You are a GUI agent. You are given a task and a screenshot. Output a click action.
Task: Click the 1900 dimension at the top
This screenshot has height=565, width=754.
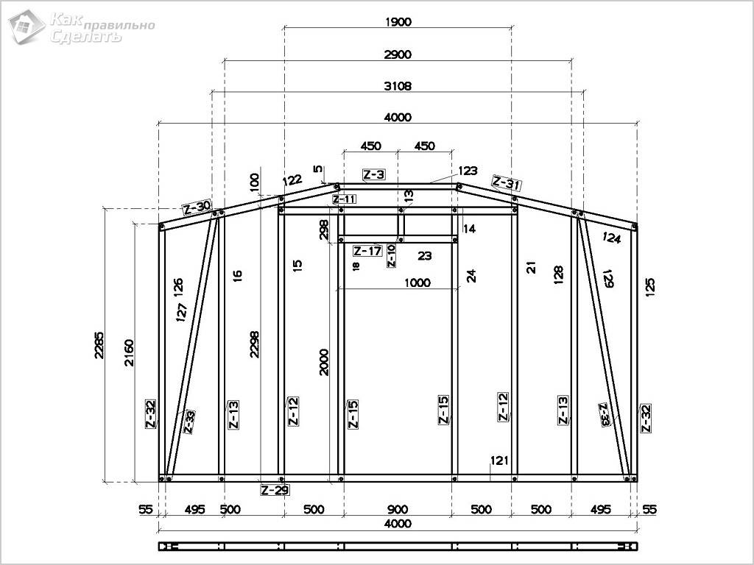pos(398,21)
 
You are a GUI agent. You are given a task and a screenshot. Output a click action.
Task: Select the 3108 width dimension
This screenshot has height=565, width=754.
pos(398,86)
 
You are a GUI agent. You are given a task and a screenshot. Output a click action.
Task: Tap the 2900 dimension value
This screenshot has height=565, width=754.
pos(398,54)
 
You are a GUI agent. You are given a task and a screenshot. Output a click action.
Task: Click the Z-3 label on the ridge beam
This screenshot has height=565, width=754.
pos(373,174)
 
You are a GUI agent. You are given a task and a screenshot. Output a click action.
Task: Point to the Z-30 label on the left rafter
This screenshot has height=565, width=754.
pos(197,207)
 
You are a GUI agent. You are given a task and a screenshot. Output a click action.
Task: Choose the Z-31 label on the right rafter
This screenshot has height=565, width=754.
pos(507,183)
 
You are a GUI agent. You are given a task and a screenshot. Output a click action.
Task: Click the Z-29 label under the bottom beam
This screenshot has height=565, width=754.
pos(275,490)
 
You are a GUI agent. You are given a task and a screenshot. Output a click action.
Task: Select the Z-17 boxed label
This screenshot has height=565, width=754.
pos(368,250)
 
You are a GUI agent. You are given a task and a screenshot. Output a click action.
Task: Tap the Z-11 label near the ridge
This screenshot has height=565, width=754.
pos(345,199)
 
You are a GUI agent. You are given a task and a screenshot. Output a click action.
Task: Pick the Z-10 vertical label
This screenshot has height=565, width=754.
pos(392,255)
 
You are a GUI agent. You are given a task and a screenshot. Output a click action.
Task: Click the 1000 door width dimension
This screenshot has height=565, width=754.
pos(417,282)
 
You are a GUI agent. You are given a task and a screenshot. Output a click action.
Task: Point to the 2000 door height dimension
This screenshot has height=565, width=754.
pos(325,362)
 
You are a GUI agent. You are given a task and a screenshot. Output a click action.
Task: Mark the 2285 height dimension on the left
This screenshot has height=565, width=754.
pos(99,345)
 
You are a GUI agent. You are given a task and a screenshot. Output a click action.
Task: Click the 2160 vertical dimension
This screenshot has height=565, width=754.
pos(130,353)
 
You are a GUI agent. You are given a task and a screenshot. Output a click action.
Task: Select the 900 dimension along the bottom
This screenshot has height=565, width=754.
pos(398,509)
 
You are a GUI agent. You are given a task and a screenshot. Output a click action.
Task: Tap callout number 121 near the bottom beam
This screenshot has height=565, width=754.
pos(499,461)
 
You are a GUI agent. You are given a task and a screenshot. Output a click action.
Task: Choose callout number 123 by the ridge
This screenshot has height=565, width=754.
pos(468,171)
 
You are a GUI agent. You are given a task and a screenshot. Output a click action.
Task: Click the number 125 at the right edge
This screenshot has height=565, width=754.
pos(649,287)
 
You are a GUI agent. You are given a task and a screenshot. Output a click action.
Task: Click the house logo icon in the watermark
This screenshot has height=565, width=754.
pos(27,26)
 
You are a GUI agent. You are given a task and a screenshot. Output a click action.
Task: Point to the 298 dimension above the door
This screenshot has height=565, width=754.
pos(324,230)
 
